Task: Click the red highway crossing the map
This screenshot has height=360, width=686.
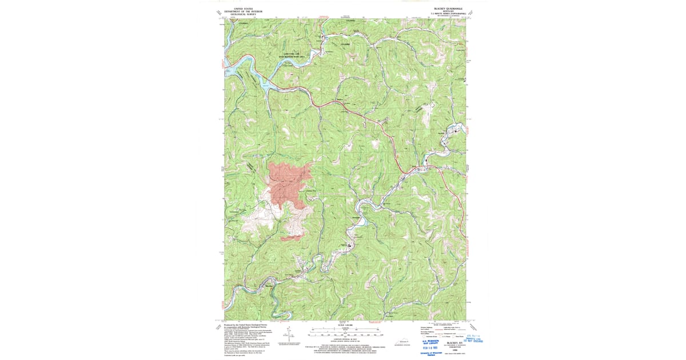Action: [x=366, y=117]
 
